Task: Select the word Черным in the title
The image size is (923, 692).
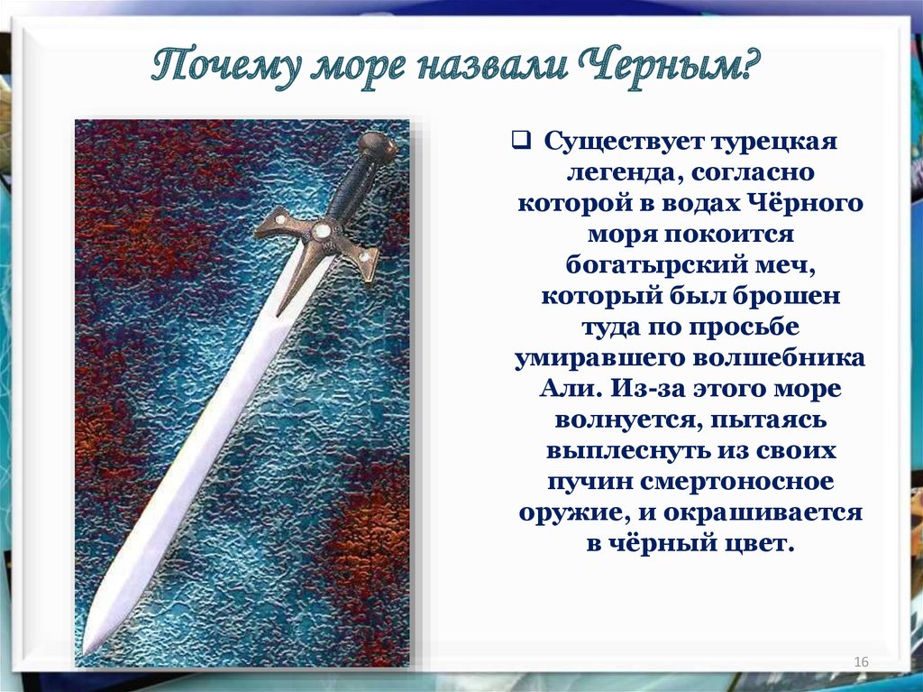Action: [664, 67]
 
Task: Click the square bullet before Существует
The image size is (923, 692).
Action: [520, 141]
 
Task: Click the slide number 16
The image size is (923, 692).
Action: [861, 662]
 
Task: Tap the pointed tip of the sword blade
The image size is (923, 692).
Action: [84, 653]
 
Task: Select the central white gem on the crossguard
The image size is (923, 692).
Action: [322, 230]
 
